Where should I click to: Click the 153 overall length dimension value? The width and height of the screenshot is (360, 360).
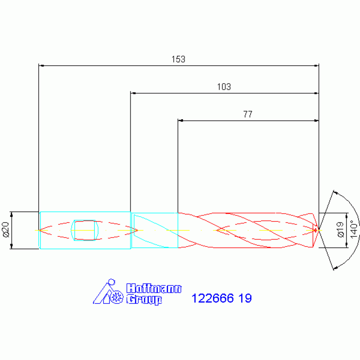[x=178, y=59]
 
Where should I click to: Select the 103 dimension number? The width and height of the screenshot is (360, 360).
[x=224, y=87]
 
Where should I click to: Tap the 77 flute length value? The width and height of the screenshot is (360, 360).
[x=248, y=114]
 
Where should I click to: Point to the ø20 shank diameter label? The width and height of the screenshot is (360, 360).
[x=6, y=230]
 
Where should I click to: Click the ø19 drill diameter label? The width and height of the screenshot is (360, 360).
[x=340, y=230]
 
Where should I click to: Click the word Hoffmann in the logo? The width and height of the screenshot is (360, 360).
[x=154, y=288]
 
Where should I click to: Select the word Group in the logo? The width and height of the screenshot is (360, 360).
[x=144, y=299]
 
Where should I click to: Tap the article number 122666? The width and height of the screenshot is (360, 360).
[x=212, y=298]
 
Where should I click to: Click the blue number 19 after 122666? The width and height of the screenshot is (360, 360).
[x=245, y=298]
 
